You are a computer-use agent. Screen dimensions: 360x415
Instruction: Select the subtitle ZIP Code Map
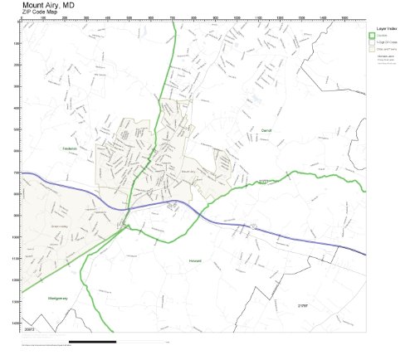[x=40, y=12]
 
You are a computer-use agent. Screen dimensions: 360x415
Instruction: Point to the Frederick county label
[x=69, y=149]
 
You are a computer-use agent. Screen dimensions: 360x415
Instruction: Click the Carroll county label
[x=266, y=131]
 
